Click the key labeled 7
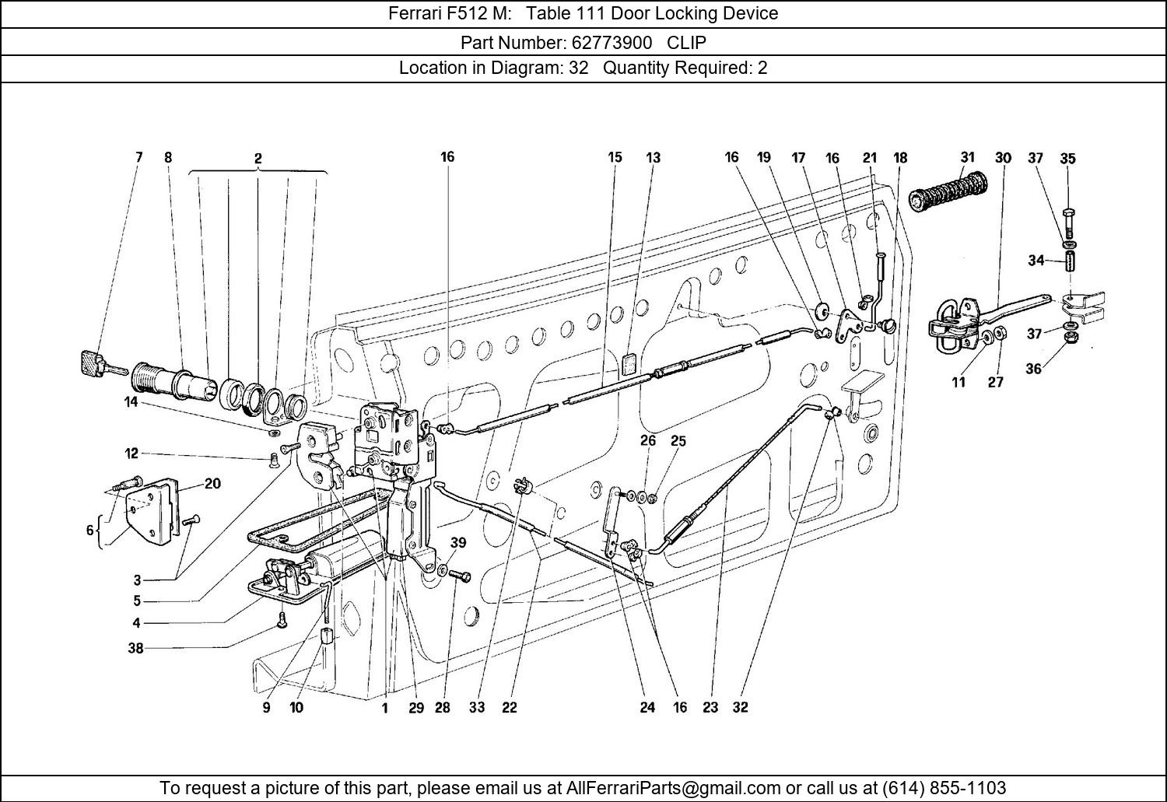tap(93, 362)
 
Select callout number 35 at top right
tap(1067, 159)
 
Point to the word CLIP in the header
tap(686, 41)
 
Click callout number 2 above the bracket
tap(258, 159)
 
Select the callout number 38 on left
tap(135, 647)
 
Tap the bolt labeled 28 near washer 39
tap(460, 576)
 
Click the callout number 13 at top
tap(653, 157)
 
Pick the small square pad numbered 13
tap(630, 362)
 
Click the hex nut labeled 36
tap(1070, 339)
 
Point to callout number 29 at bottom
tap(416, 707)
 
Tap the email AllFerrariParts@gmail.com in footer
tap(674, 787)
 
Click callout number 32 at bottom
tap(739, 707)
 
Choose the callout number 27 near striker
tap(995, 382)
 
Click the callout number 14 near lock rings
tap(130, 402)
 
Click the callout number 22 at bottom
tap(509, 707)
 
